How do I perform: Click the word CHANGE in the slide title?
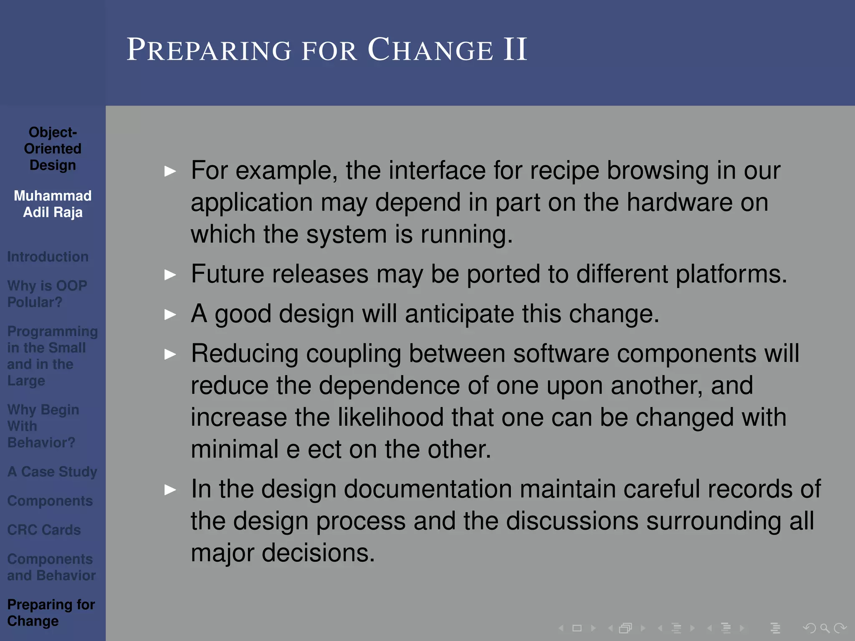[430, 50]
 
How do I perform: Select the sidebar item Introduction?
[48, 257]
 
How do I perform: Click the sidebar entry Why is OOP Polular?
[47, 294]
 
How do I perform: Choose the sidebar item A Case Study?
[52, 472]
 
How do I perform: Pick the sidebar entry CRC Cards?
[44, 530]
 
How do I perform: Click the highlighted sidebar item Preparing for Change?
[51, 612]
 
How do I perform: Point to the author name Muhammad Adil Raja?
[53, 204]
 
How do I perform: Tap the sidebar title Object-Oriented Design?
[53, 149]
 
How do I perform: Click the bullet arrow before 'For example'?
[170, 171]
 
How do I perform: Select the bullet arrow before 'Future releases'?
[170, 275]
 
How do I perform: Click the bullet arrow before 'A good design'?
[170, 314]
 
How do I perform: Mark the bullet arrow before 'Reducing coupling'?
[170, 354]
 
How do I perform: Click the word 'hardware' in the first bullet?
[679, 202]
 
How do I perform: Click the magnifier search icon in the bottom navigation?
[825, 628]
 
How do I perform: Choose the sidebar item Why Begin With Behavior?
[43, 426]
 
